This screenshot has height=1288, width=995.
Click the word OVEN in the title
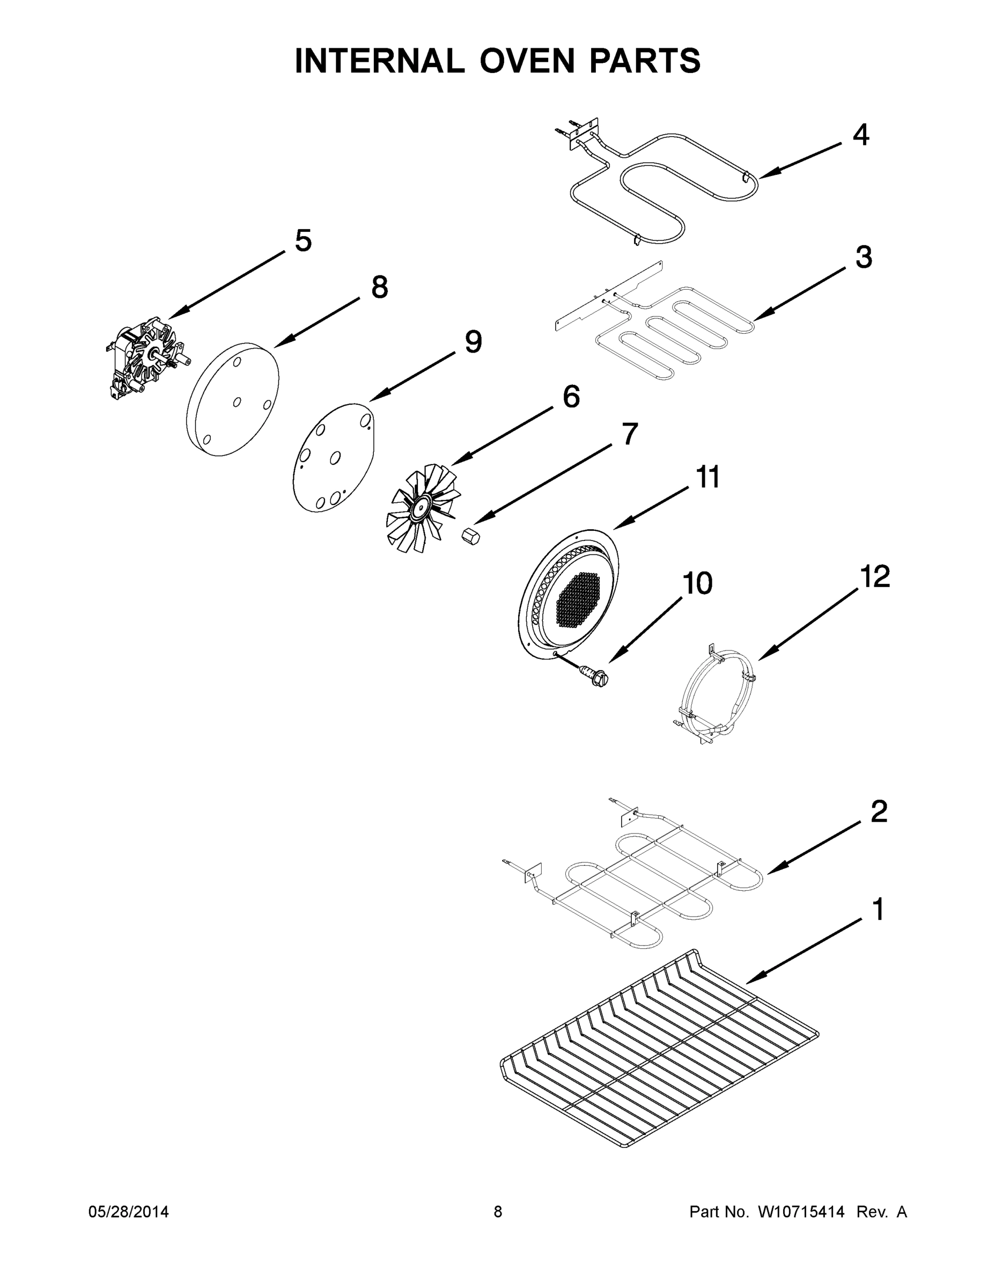point(526,61)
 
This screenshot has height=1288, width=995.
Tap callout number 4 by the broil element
point(860,136)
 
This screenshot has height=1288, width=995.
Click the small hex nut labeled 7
point(471,537)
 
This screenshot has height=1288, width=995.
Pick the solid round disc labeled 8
point(232,400)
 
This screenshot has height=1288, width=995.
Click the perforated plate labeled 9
point(334,458)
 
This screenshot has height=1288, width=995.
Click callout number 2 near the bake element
point(878,812)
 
